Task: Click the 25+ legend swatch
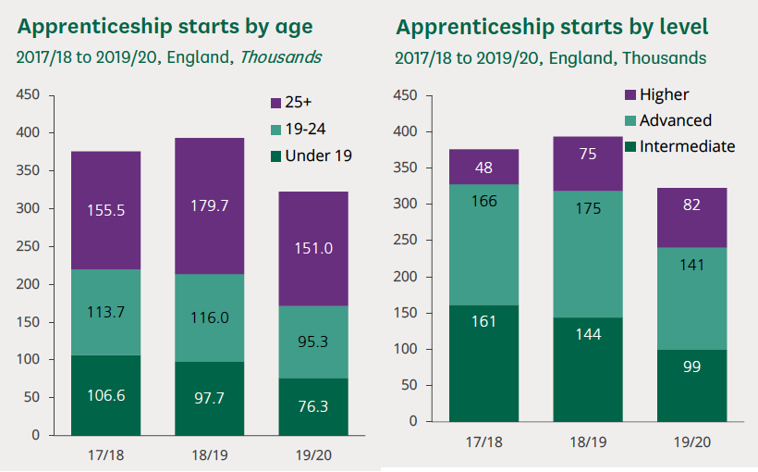[276, 104]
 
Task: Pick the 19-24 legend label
[305, 130]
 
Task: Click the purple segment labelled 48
[483, 168]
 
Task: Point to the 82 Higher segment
[691, 205]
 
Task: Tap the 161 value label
[483, 321]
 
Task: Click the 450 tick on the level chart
[407, 95]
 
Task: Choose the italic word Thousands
[281, 57]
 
